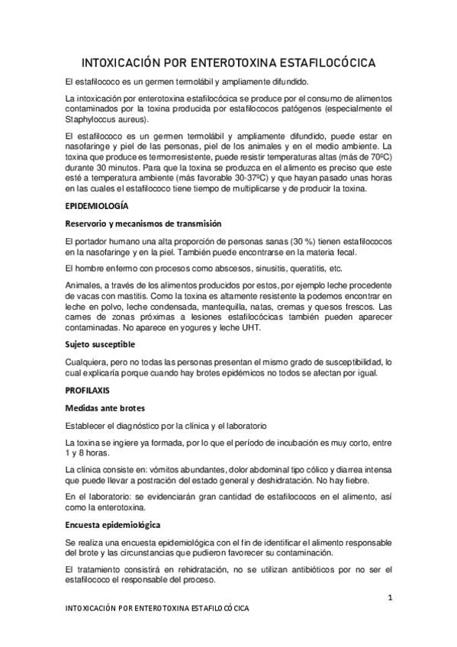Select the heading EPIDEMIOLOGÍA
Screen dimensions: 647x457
[x=98, y=206]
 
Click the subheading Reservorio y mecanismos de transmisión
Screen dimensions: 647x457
[x=143, y=224]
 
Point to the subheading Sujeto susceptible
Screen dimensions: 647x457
[x=102, y=344]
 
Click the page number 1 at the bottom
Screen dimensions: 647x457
[x=389, y=597]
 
